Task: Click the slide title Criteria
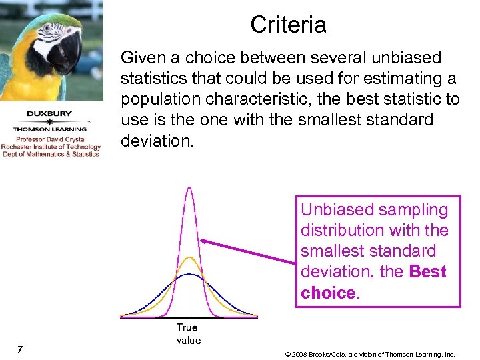(288, 25)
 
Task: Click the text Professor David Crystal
(51, 139)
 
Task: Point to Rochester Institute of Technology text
(51, 147)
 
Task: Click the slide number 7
(21, 350)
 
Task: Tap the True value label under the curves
(188, 334)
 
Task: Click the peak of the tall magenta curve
(190, 189)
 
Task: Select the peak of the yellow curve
(190, 257)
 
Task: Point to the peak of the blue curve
(190, 274)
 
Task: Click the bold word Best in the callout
(427, 272)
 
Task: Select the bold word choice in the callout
(327, 293)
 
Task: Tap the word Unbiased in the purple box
(337, 209)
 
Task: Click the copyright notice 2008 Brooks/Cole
(369, 354)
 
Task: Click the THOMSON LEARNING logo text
(51, 129)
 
